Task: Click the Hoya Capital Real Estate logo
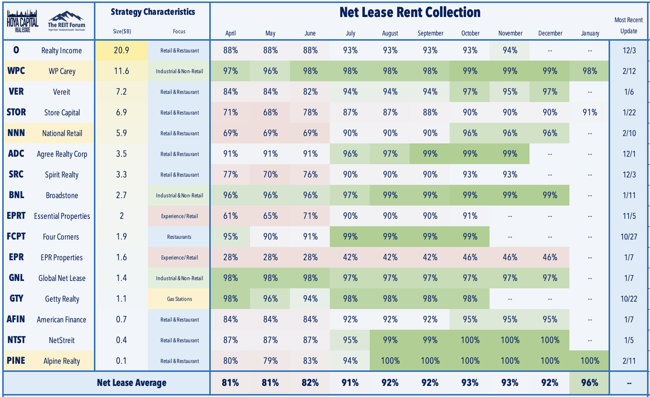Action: (23, 21)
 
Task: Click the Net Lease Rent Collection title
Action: (410, 12)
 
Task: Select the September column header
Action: (430, 33)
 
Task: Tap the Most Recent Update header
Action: (629, 26)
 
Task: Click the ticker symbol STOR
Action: (16, 112)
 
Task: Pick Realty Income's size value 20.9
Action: (121, 50)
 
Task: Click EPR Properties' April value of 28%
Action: (230, 257)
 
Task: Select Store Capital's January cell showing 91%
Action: (590, 112)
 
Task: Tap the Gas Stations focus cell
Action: (179, 299)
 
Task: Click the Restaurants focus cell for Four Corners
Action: (179, 237)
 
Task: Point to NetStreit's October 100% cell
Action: (470, 340)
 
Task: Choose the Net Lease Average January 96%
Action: (590, 383)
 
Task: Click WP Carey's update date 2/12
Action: (629, 71)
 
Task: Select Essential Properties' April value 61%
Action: (230, 216)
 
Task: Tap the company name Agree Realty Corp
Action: (62, 154)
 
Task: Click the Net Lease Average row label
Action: (132, 383)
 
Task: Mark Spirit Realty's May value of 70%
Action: (270, 174)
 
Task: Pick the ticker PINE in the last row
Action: (16, 361)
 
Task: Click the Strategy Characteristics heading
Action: (153, 12)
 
